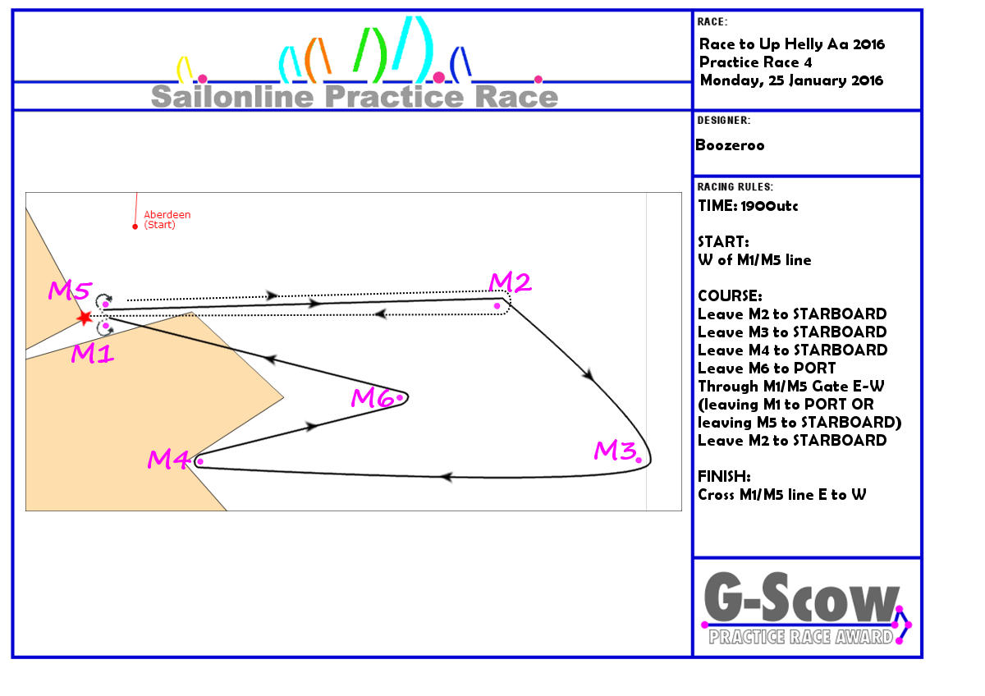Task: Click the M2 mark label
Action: click(510, 282)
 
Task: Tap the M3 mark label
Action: click(615, 451)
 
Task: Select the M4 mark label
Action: click(168, 460)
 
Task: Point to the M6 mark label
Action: click(373, 397)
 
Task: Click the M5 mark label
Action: click(71, 291)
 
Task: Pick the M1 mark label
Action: click(92, 353)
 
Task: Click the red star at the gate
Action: click(84, 318)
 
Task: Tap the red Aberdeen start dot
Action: click(135, 227)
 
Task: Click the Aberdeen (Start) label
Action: click(167, 220)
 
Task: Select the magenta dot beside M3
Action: click(639, 460)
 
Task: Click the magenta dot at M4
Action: click(200, 461)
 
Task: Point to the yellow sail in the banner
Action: click(184, 70)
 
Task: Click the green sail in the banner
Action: click(370, 55)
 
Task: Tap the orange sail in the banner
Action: click(318, 60)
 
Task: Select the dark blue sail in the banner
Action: click(460, 65)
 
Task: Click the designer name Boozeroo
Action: click(730, 145)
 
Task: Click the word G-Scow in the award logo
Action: click(801, 598)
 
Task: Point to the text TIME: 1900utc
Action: click(748, 206)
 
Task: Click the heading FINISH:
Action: click(724, 476)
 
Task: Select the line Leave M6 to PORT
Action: click(767, 368)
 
